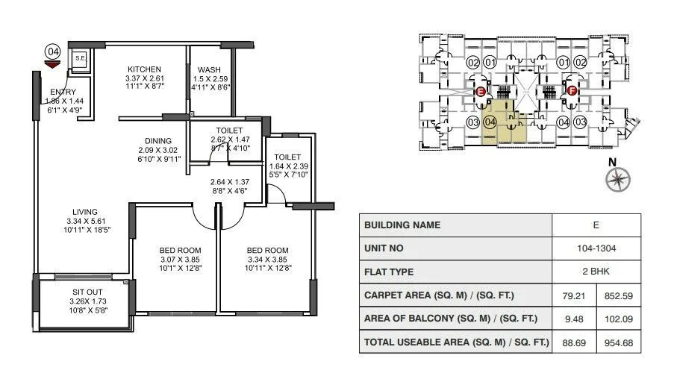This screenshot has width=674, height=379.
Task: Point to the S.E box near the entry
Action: tap(79, 58)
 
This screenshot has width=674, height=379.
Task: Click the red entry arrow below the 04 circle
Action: tap(52, 64)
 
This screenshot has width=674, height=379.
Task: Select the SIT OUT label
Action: tap(84, 292)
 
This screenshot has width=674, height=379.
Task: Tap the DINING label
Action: tap(158, 140)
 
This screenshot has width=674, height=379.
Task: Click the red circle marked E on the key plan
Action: tap(481, 92)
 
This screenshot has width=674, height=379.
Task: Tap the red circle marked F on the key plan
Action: tap(572, 92)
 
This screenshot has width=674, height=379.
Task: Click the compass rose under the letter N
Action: tap(617, 179)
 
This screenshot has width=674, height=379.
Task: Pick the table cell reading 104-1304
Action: tap(596, 248)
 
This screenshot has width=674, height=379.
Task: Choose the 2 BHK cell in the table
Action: tap(596, 272)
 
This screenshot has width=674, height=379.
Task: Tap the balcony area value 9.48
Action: tap(572, 319)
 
